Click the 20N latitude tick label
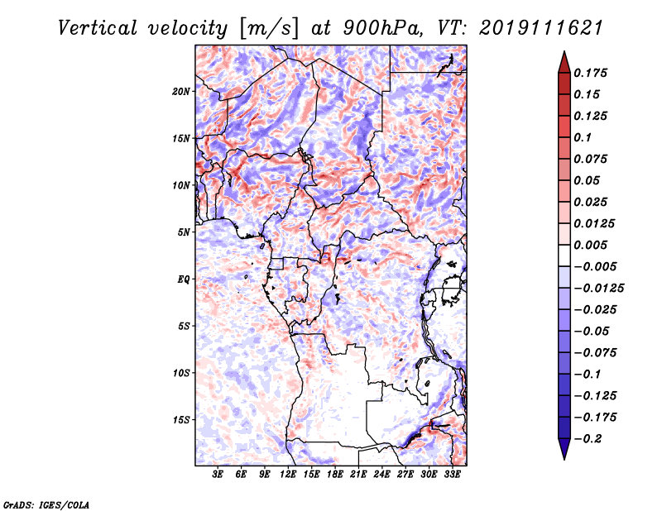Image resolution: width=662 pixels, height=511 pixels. coord(181,91)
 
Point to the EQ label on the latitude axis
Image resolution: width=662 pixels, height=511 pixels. coord(184,279)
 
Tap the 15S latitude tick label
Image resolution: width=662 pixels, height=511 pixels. coord(181,420)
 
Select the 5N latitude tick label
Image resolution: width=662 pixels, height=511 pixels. coord(184,232)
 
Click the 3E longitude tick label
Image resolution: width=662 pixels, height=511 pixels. coord(218,475)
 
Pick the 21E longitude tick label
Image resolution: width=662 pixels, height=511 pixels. coord(359,475)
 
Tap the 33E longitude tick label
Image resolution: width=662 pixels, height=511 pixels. coord(453,475)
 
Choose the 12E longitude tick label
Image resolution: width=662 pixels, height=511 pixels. coord(289,475)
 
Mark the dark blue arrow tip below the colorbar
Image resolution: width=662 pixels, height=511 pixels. coord(564,456)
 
